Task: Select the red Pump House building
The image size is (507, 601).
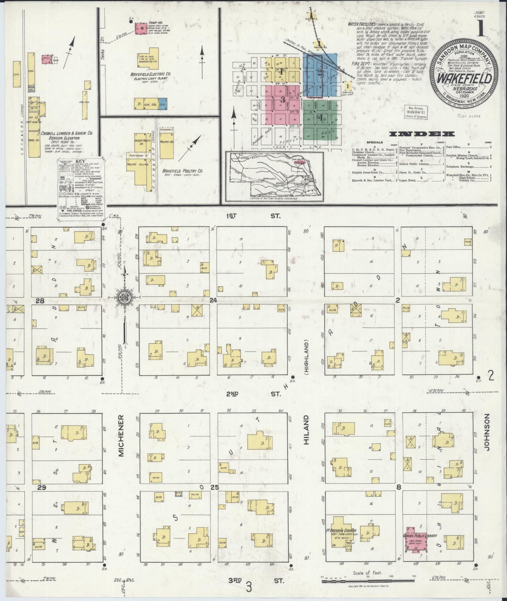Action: (x=142, y=29)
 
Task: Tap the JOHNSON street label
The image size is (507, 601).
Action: (x=487, y=432)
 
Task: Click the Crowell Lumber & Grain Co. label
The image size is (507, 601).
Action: (x=67, y=133)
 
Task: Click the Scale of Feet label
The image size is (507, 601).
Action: (x=367, y=573)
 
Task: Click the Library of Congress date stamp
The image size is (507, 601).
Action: (x=416, y=112)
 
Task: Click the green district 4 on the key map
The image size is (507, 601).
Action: (x=320, y=118)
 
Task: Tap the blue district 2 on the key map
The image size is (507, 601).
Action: (x=320, y=74)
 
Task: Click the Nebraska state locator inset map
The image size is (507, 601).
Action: (x=274, y=176)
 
